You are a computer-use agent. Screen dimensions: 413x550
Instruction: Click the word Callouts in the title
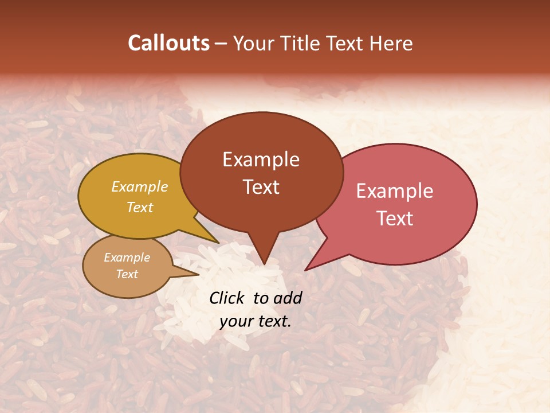[168, 43]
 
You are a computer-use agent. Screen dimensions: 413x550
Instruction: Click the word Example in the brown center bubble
[261, 159]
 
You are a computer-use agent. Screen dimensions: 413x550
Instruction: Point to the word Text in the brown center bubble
[261, 187]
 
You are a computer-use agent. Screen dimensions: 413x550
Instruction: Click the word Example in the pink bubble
[395, 191]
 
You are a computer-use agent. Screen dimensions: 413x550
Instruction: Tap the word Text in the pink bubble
[395, 219]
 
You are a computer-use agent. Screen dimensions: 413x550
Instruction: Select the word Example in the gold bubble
[140, 187]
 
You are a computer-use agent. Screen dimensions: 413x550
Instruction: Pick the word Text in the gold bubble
[140, 207]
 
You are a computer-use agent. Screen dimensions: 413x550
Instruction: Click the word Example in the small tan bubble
[127, 258]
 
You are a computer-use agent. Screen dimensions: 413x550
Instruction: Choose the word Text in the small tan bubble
[127, 274]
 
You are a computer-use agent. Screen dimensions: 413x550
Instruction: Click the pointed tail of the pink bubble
[307, 268]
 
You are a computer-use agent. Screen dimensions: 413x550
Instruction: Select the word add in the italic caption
[288, 298]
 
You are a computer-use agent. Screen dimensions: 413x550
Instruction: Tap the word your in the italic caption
[236, 321]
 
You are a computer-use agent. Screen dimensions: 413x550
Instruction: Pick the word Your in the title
[253, 43]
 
